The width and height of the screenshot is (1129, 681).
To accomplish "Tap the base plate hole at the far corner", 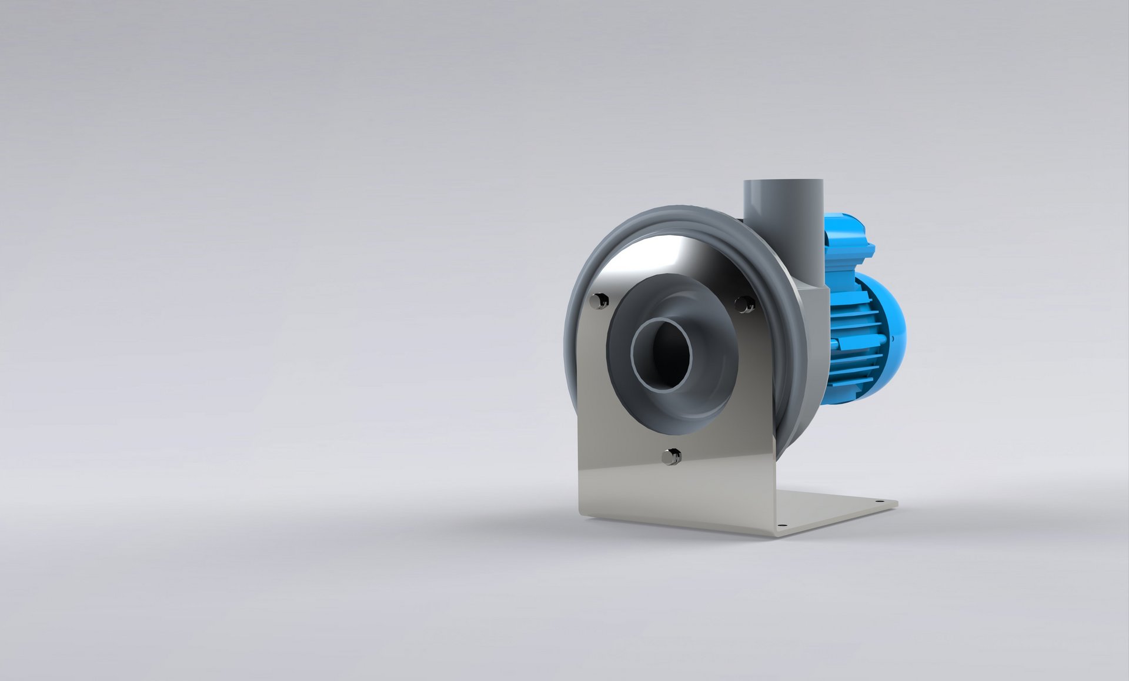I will click(x=880, y=502).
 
